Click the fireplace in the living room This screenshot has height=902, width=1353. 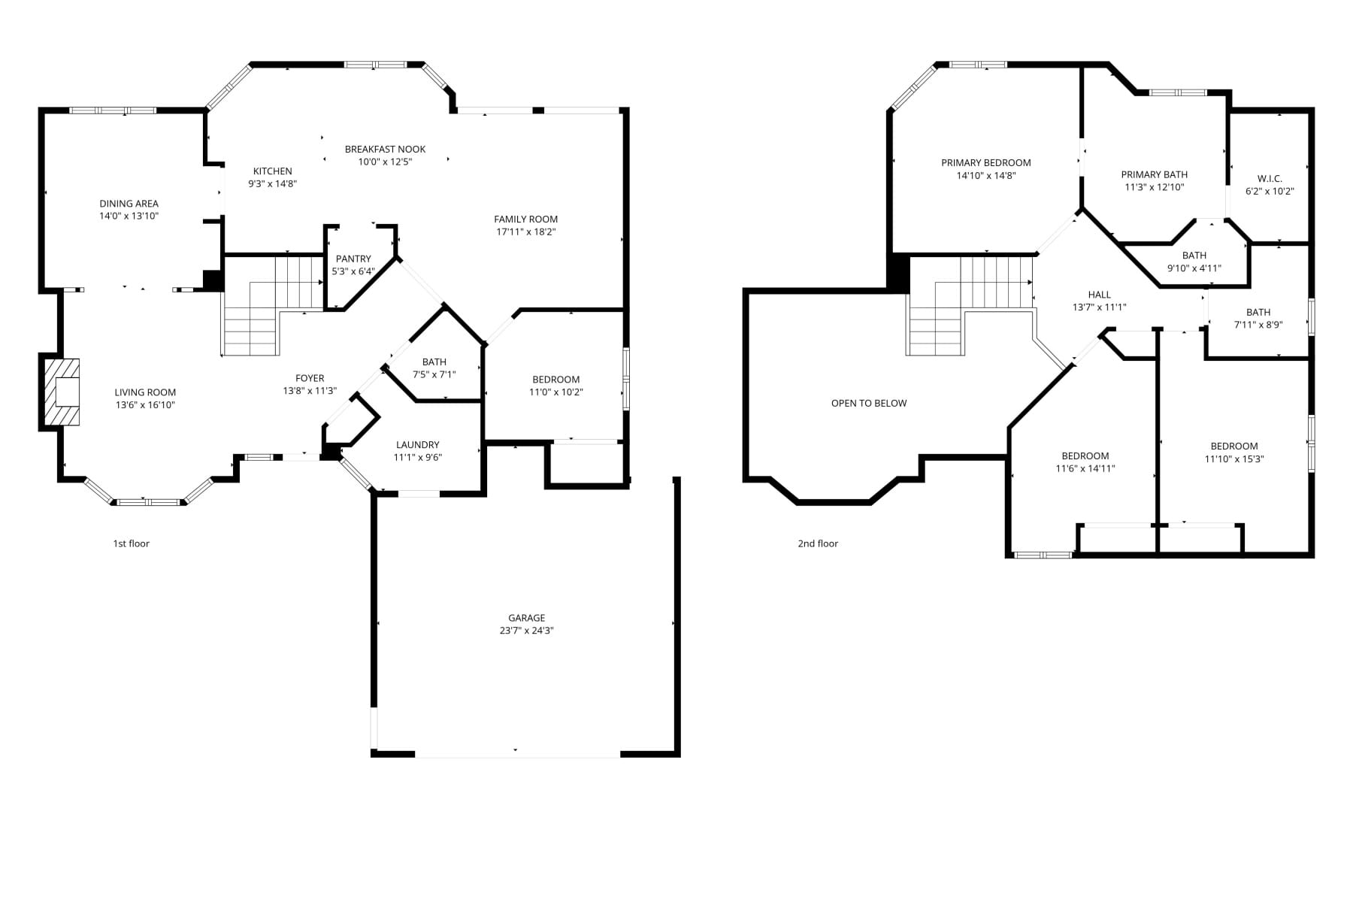62,392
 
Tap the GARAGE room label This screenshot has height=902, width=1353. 526,618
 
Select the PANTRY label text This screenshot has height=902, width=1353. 353,259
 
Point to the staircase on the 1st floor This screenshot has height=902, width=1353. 272,305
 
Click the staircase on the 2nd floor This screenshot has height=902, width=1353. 970,305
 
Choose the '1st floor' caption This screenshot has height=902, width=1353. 132,543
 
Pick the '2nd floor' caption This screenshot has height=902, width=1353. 818,543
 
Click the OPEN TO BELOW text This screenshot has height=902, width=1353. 869,403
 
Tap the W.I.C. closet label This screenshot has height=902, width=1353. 1270,178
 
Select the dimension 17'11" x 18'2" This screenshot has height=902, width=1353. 526,232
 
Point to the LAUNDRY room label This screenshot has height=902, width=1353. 417,445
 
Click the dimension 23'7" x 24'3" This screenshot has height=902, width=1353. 526,631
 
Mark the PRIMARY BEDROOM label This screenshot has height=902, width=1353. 986,162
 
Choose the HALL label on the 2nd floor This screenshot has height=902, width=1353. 1099,295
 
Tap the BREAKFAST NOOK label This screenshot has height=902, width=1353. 385,149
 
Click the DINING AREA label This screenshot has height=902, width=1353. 129,203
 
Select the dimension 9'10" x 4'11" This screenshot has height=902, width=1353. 1194,268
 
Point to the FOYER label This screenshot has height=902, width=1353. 310,378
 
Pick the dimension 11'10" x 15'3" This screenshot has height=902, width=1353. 1234,459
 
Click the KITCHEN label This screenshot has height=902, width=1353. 272,171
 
